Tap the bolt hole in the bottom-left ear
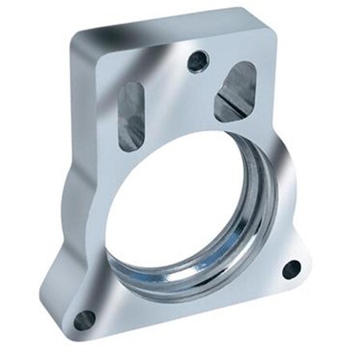tap(83, 321)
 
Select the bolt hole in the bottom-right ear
tap(291, 269)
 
